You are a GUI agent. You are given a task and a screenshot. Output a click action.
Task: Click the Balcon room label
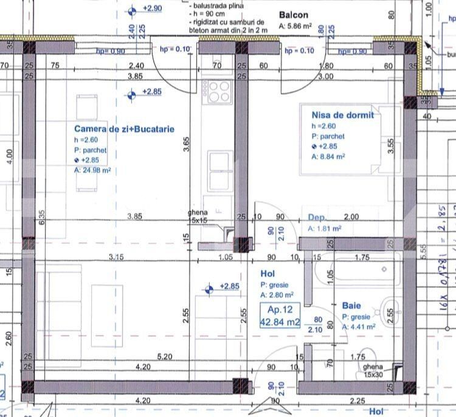point(294,15)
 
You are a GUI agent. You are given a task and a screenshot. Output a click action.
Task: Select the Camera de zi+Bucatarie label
point(124,129)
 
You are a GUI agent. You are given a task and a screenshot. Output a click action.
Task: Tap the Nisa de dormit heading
point(342,114)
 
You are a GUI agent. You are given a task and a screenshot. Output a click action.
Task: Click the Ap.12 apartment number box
point(280,316)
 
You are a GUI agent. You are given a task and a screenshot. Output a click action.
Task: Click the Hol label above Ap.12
point(268,274)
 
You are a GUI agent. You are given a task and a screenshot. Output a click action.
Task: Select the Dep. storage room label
point(317,218)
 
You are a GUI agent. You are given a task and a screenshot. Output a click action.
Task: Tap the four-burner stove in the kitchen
point(219,92)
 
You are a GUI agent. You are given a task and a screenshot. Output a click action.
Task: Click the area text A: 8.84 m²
point(328,156)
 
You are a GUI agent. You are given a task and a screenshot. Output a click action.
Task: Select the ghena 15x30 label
point(373,371)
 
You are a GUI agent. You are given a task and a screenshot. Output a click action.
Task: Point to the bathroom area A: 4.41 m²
point(358,326)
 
